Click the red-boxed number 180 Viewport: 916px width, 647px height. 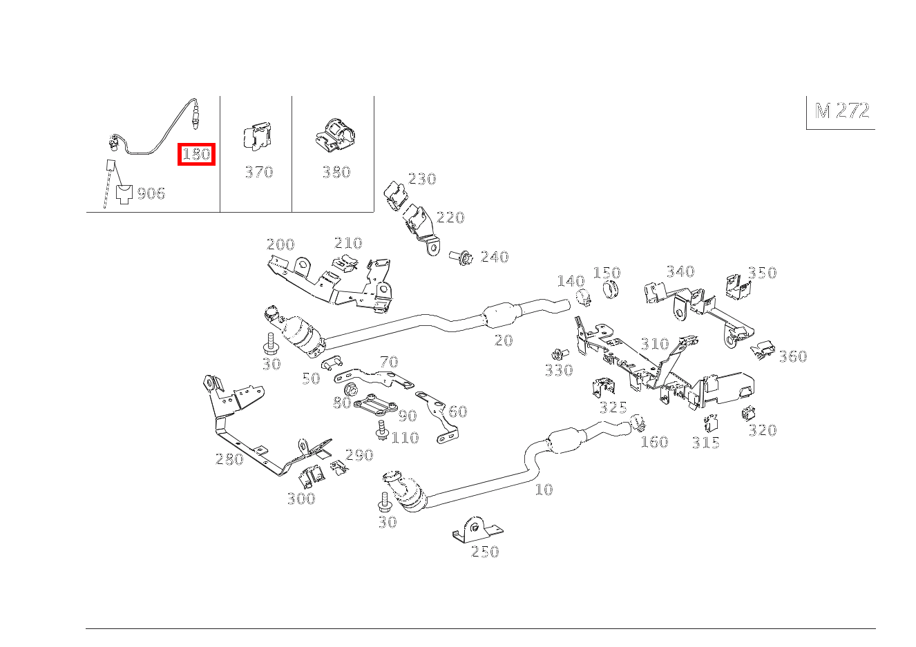[196, 154]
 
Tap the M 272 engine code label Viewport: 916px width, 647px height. [842, 110]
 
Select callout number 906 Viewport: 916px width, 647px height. [151, 193]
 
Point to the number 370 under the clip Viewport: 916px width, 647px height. [259, 172]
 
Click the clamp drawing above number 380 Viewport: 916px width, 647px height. [335, 135]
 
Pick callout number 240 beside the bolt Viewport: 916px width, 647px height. [495, 257]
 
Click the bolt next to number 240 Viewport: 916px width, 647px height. [461, 257]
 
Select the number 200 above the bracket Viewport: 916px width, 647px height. [280, 244]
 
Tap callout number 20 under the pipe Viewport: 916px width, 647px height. [504, 340]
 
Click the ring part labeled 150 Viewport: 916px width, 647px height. [610, 289]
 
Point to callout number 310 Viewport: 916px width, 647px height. [655, 344]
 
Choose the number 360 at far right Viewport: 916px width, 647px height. [793, 356]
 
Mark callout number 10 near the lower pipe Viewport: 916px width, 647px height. [544, 490]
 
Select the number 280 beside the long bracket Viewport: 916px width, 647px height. [229, 459]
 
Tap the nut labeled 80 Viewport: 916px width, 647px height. [350, 389]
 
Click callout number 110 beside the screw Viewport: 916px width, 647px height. [405, 438]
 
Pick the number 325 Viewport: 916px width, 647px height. [613, 407]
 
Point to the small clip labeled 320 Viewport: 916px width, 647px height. [748, 414]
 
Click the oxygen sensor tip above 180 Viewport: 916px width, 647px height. [196, 128]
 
